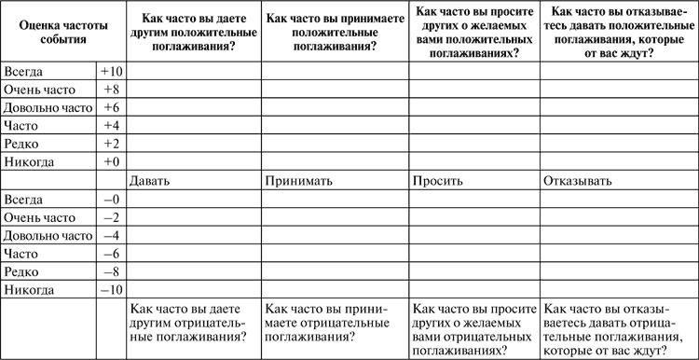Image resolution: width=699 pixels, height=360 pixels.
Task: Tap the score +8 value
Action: point(111,90)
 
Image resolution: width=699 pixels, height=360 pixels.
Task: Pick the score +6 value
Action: point(111,108)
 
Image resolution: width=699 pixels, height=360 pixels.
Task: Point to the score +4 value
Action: point(111,126)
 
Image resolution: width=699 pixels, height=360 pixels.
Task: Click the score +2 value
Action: point(111,144)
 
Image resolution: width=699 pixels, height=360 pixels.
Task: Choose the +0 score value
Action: point(111,162)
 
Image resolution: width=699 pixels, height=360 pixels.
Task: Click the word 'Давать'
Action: point(150,181)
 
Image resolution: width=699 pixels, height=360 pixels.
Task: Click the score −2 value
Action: point(111,217)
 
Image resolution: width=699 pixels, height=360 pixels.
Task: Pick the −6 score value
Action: point(111,254)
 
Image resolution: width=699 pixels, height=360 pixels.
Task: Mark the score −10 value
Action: point(111,290)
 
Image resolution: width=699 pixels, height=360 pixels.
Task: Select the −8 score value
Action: point(111,271)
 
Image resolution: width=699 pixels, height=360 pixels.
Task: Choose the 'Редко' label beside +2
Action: point(22,144)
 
